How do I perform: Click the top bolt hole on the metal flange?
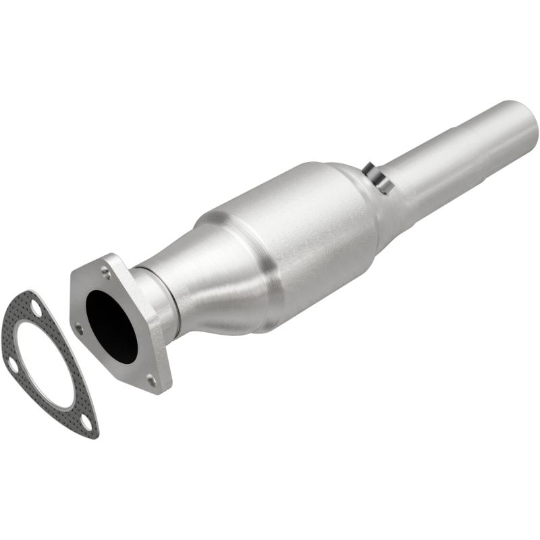(106, 273)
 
